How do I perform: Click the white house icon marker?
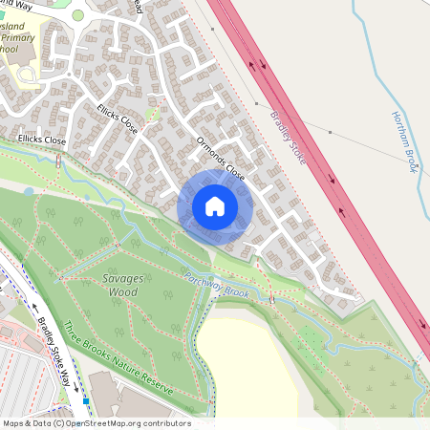pos(214,205)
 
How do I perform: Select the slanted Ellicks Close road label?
pos(118,118)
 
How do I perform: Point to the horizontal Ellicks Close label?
pos(42,140)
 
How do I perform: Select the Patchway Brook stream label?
pos(217,288)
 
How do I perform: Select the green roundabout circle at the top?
pos(77,15)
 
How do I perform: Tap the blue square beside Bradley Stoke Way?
pos(86,401)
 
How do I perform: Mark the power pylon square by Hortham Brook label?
pos(330,132)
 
